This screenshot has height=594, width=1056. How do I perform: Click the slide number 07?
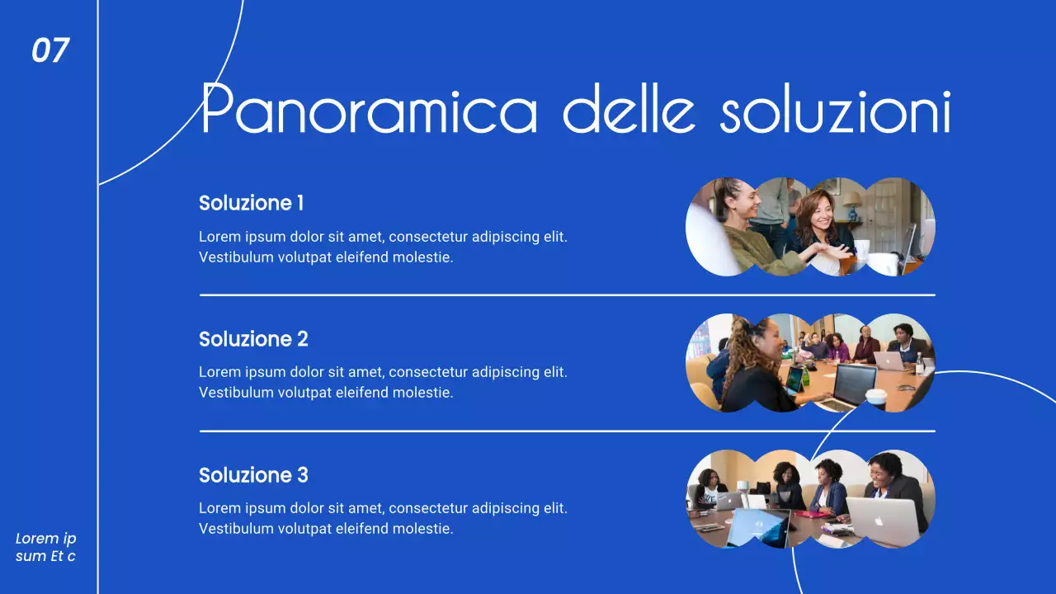pyautogui.click(x=49, y=51)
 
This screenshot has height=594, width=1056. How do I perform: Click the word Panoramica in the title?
pyautogui.click(x=369, y=111)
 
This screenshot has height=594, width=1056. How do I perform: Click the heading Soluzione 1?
pyautogui.click(x=252, y=203)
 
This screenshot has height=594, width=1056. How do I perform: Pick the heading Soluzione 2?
pyautogui.click(x=253, y=339)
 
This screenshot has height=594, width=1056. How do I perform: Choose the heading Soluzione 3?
pyautogui.click(x=253, y=475)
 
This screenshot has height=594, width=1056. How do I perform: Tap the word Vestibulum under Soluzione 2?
pyautogui.click(x=236, y=393)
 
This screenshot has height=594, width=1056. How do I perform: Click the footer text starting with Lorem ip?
pyautogui.click(x=46, y=547)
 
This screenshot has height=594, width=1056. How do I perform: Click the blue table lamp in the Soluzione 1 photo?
pyautogui.click(x=851, y=203)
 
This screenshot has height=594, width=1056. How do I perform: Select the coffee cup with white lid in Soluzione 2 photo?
pyautogui.click(x=876, y=397)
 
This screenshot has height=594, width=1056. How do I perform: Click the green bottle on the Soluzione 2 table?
pyautogui.click(x=805, y=376)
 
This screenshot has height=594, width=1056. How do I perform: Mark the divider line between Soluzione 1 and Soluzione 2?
pyautogui.click(x=567, y=295)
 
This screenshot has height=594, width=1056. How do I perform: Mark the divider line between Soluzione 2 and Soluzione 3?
pyautogui.click(x=567, y=431)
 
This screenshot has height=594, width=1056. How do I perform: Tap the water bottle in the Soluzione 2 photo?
pyautogui.click(x=919, y=363)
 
